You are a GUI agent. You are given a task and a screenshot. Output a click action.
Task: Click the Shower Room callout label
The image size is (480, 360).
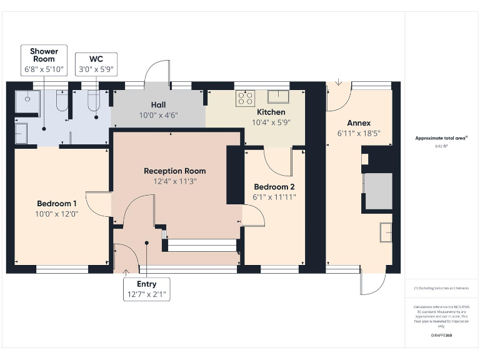pyautogui.click(x=44, y=59)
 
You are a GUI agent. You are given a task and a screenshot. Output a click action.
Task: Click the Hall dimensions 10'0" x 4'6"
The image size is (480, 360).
pyautogui.click(x=159, y=115)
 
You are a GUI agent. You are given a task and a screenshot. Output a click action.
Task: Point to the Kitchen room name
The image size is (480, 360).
pyautogui.click(x=271, y=112)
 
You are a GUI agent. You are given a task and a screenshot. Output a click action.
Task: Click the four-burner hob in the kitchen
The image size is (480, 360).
pyautogui.click(x=244, y=97)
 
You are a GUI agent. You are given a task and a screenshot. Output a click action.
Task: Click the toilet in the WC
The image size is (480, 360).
pyautogui.click(x=94, y=100)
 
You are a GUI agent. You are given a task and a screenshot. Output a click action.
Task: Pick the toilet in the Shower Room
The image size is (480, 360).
pyautogui.click(x=61, y=100)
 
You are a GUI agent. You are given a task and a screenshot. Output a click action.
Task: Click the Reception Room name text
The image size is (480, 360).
pyautogui.click(x=174, y=171)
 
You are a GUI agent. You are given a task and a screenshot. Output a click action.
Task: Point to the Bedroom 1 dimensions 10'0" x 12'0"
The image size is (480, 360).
pyautogui.click(x=57, y=214)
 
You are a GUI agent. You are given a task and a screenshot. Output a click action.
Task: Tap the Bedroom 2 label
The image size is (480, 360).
pyautogui.click(x=274, y=187)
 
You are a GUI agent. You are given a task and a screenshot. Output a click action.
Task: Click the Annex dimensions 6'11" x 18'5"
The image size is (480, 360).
pyautogui.click(x=359, y=133)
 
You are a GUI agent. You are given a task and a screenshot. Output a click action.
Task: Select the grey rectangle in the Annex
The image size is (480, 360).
pyautogui.click(x=377, y=192)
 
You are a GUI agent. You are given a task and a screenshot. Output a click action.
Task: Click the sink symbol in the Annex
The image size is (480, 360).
pyautogui.click(x=386, y=232)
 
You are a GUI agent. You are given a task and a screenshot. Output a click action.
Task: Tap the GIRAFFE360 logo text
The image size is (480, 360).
pyautogui.click(x=441, y=336)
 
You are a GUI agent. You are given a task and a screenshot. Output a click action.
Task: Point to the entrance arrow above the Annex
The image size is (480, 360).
pyautogui.click(x=338, y=82)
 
